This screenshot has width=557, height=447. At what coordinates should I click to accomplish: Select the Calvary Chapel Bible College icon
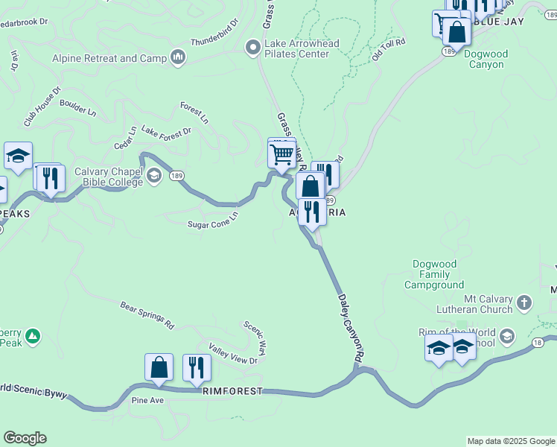coord(154,177)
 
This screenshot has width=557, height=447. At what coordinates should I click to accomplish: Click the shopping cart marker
coord(281,155)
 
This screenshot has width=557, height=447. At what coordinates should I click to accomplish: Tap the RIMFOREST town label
coord(232,390)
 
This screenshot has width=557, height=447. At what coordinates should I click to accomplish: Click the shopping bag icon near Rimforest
coord(159,367)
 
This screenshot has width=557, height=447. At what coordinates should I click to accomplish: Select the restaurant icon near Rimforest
coord(197,368)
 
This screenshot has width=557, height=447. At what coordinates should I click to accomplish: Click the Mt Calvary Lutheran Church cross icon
coord(524,303)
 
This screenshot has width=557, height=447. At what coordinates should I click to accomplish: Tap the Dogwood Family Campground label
coord(439,274)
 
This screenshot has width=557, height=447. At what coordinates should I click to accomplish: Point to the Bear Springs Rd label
coord(147,315)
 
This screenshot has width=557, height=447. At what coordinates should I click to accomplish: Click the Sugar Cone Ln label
coord(212,220)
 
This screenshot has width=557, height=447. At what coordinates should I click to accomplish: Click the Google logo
coord(25,438)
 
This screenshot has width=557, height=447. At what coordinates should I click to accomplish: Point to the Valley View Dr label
coord(232,356)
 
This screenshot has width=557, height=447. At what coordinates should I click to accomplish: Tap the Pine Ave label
coord(147,401)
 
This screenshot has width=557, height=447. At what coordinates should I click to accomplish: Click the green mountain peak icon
coord(32,337)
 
